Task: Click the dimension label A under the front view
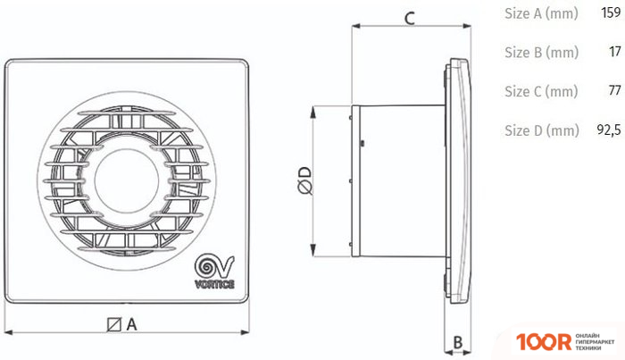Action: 130,324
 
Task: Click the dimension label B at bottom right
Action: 456,342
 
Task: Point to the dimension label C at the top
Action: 408,17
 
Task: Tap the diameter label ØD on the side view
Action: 303,181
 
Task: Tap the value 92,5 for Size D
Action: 607,130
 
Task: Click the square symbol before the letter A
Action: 114,324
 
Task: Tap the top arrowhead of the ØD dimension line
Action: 312,110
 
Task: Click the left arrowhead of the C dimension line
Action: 354,27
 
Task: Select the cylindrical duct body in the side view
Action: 397,179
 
